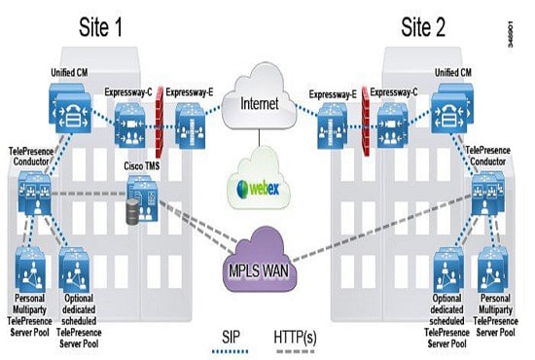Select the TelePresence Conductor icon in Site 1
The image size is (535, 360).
pyautogui.click(x=38, y=192)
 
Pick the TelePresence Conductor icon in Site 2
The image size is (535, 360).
pyautogui.click(x=487, y=192)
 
